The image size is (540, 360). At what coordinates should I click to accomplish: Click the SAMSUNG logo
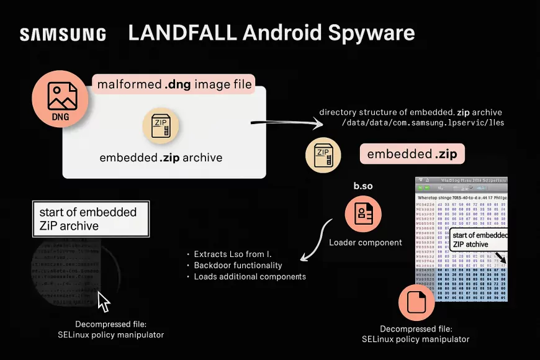[x=63, y=34]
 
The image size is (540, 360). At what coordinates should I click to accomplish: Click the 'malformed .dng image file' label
[x=174, y=84]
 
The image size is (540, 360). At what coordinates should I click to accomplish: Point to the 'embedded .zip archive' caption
[x=161, y=158]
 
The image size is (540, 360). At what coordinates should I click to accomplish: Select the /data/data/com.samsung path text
[x=423, y=123]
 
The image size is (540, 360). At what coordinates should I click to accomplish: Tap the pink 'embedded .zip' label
[x=412, y=154]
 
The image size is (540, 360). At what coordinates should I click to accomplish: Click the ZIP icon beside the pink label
[x=323, y=155]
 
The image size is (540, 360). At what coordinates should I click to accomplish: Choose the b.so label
[x=363, y=186]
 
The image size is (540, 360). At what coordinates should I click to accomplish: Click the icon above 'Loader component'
[x=363, y=214]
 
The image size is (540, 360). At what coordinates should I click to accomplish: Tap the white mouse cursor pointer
[x=104, y=302]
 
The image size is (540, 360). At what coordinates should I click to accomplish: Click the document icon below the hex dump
[x=415, y=303]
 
